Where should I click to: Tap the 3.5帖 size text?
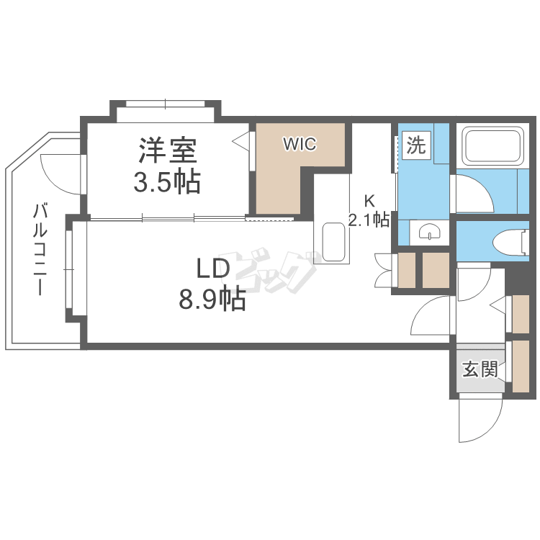pyautogui.click(x=167, y=182)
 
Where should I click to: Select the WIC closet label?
pyautogui.click(x=299, y=144)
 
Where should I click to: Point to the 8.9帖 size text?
pyautogui.click(x=212, y=298)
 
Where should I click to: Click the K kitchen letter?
pyautogui.click(x=369, y=200)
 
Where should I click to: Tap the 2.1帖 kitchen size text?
pyautogui.click(x=369, y=220)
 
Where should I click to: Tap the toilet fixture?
pyautogui.click(x=513, y=241)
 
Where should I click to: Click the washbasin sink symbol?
pyautogui.click(x=429, y=233)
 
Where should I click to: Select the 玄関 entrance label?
pyautogui.click(x=480, y=370)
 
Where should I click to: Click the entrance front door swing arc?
pyautogui.click(x=478, y=421)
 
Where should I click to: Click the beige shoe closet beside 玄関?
pyautogui.click(x=520, y=366)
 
